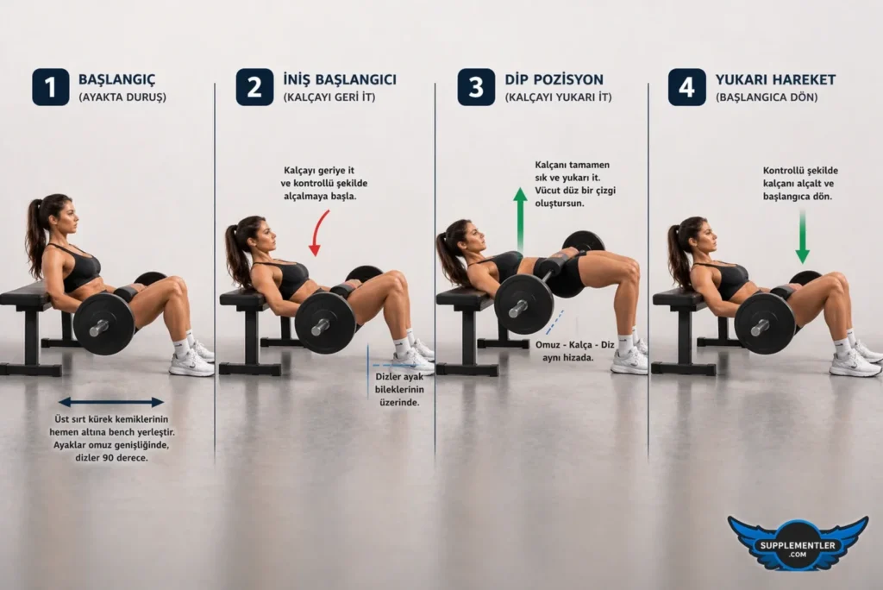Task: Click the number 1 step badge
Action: point(51,87)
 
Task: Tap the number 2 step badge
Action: point(255,87)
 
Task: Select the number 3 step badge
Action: point(476,87)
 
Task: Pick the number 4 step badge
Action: point(686,87)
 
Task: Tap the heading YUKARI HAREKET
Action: point(775,79)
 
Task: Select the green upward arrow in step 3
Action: point(520,220)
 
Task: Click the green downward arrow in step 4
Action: point(802,236)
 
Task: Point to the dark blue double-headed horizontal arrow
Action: point(110,402)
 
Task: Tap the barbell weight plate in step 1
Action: point(103,323)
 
